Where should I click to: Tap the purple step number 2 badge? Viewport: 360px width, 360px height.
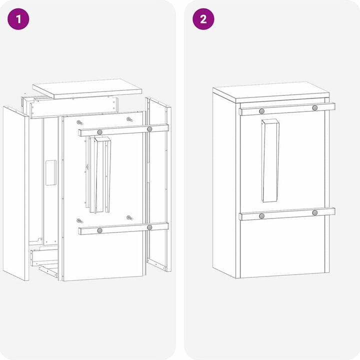pos(203,19)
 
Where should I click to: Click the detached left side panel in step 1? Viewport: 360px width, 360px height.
pos(15,192)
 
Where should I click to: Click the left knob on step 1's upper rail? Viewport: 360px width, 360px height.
pos(100,131)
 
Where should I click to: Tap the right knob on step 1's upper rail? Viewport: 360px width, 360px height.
pos(149,129)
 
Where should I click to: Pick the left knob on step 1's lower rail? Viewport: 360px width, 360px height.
pos(100,230)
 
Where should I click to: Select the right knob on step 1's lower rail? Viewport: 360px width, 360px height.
pos(149,227)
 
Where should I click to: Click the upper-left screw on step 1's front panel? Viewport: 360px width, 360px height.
pos(79,122)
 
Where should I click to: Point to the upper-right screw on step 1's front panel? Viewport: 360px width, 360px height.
pos(129,119)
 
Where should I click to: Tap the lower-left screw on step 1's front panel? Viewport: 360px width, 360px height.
pos(79,220)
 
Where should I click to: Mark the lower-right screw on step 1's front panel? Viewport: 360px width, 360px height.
pos(129,217)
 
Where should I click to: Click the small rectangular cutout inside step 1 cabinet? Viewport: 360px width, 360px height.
pos(50,173)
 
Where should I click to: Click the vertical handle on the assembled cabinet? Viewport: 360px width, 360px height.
pos(270,161)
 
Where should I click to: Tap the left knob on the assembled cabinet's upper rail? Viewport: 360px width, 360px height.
pos(261,111)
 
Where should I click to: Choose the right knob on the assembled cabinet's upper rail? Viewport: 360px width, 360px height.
pos(315,108)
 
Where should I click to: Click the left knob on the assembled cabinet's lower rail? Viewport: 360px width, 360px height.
pos(261,216)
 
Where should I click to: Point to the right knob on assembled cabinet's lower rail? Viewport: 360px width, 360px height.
pos(315,213)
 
